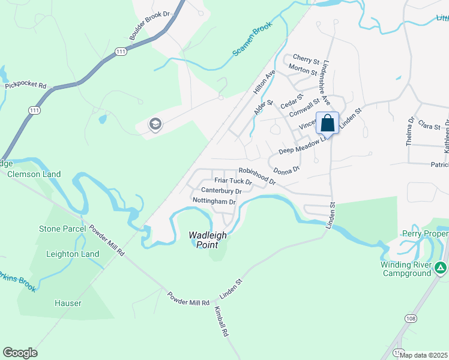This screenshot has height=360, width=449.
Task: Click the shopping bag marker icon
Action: coord(327,123)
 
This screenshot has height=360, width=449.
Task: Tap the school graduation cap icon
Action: coord(155,125)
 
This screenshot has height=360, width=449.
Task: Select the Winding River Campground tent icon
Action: coord(441,268)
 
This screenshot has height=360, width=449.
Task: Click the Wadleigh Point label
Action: coord(208,240)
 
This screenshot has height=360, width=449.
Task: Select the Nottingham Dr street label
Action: coord(214,201)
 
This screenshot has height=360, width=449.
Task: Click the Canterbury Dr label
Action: coord(221,191)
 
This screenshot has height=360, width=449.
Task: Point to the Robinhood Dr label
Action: coord(256,175)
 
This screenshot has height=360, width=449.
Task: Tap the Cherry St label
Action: coord(306,61)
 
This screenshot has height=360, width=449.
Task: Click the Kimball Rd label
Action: coord(221,323)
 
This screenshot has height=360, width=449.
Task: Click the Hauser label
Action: coord(67,303)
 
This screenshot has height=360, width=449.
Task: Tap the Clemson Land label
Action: coord(34,174)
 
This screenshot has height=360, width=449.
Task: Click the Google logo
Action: coord(20,353)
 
